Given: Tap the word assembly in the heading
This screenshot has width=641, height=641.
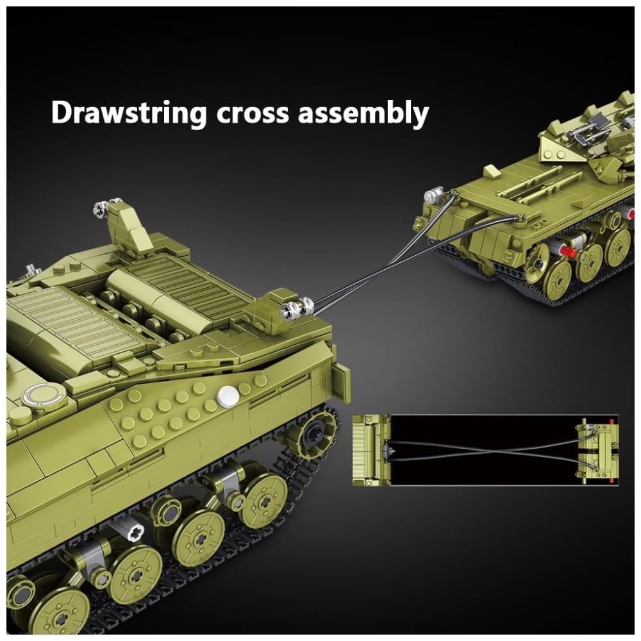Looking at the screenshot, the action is coord(363,113).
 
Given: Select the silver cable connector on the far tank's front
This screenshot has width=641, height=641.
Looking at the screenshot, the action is coord(434,195).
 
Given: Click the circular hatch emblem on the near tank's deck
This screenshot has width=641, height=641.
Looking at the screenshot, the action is coord(44,395).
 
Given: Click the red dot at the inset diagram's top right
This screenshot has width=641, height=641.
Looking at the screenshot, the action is coord(612,421).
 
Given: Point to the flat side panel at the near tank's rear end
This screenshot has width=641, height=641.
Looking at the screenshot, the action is coord(342,383).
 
